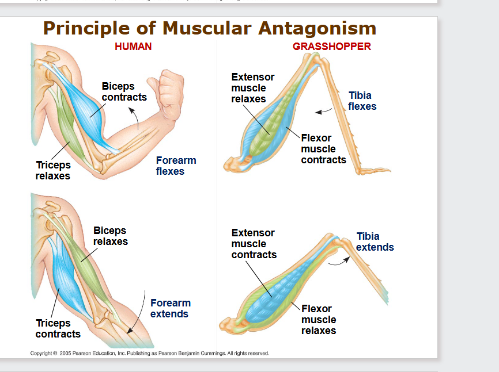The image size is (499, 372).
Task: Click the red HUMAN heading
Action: [133, 47]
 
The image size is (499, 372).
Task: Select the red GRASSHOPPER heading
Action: [332, 47]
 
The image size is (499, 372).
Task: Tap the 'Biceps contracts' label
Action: [124, 91]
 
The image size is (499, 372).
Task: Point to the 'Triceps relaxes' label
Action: [53, 171]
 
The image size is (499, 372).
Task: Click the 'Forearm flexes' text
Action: [176, 166]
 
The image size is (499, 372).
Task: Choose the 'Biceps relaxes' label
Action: [111, 236]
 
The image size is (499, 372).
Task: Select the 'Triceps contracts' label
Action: [58, 328]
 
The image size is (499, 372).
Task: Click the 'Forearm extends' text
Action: [170, 308]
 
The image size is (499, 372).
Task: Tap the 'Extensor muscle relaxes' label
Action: [252, 88]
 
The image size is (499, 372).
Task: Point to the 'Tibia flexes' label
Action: [362, 101]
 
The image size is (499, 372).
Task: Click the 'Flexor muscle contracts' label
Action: [323, 149]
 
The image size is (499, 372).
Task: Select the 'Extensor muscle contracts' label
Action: [254, 244]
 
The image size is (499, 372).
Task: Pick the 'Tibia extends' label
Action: [375, 242]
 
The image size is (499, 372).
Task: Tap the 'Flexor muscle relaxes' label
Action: [318, 320]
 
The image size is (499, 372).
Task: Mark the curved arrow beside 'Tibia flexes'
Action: [324, 110]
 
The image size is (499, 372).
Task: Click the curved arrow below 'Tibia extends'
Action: [339, 262]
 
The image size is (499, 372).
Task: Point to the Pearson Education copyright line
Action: [150, 353]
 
